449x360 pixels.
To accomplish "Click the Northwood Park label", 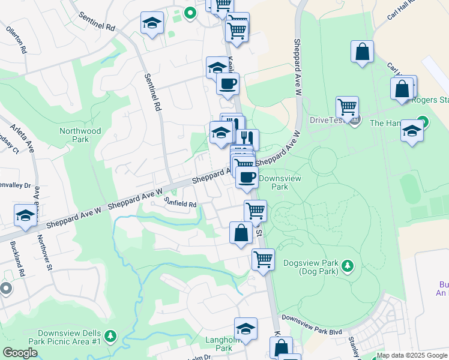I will click(x=80, y=135).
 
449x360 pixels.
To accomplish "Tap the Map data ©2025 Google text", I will click(x=412, y=355).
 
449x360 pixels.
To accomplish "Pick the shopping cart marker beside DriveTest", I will click(x=347, y=107).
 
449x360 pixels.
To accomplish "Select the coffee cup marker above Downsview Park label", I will click(x=247, y=177).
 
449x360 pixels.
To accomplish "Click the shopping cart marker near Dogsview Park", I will click(x=263, y=259).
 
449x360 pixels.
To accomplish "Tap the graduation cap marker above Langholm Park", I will click(x=246, y=328).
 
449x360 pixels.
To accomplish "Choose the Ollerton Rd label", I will click(x=16, y=39).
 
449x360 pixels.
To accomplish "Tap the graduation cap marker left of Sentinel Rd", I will click(x=152, y=23).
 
